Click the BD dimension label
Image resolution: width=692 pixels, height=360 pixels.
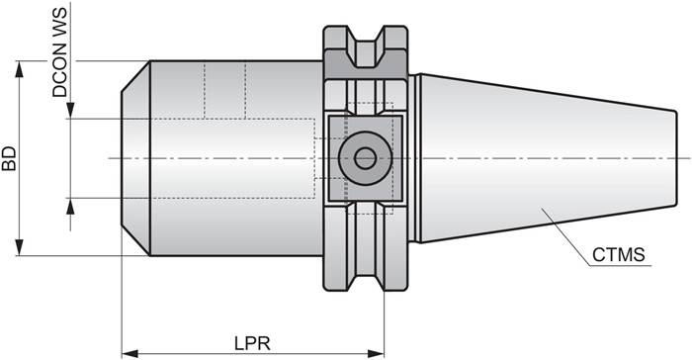pyautogui.click(x=10, y=158)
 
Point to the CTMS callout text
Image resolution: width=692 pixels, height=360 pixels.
pyautogui.click(x=619, y=255)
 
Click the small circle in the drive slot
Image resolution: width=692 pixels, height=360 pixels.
pyautogui.click(x=365, y=157)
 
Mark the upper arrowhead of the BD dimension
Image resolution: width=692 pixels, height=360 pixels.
pyautogui.click(x=20, y=66)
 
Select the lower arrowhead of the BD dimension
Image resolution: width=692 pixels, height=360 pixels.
pyautogui.click(x=20, y=249)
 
